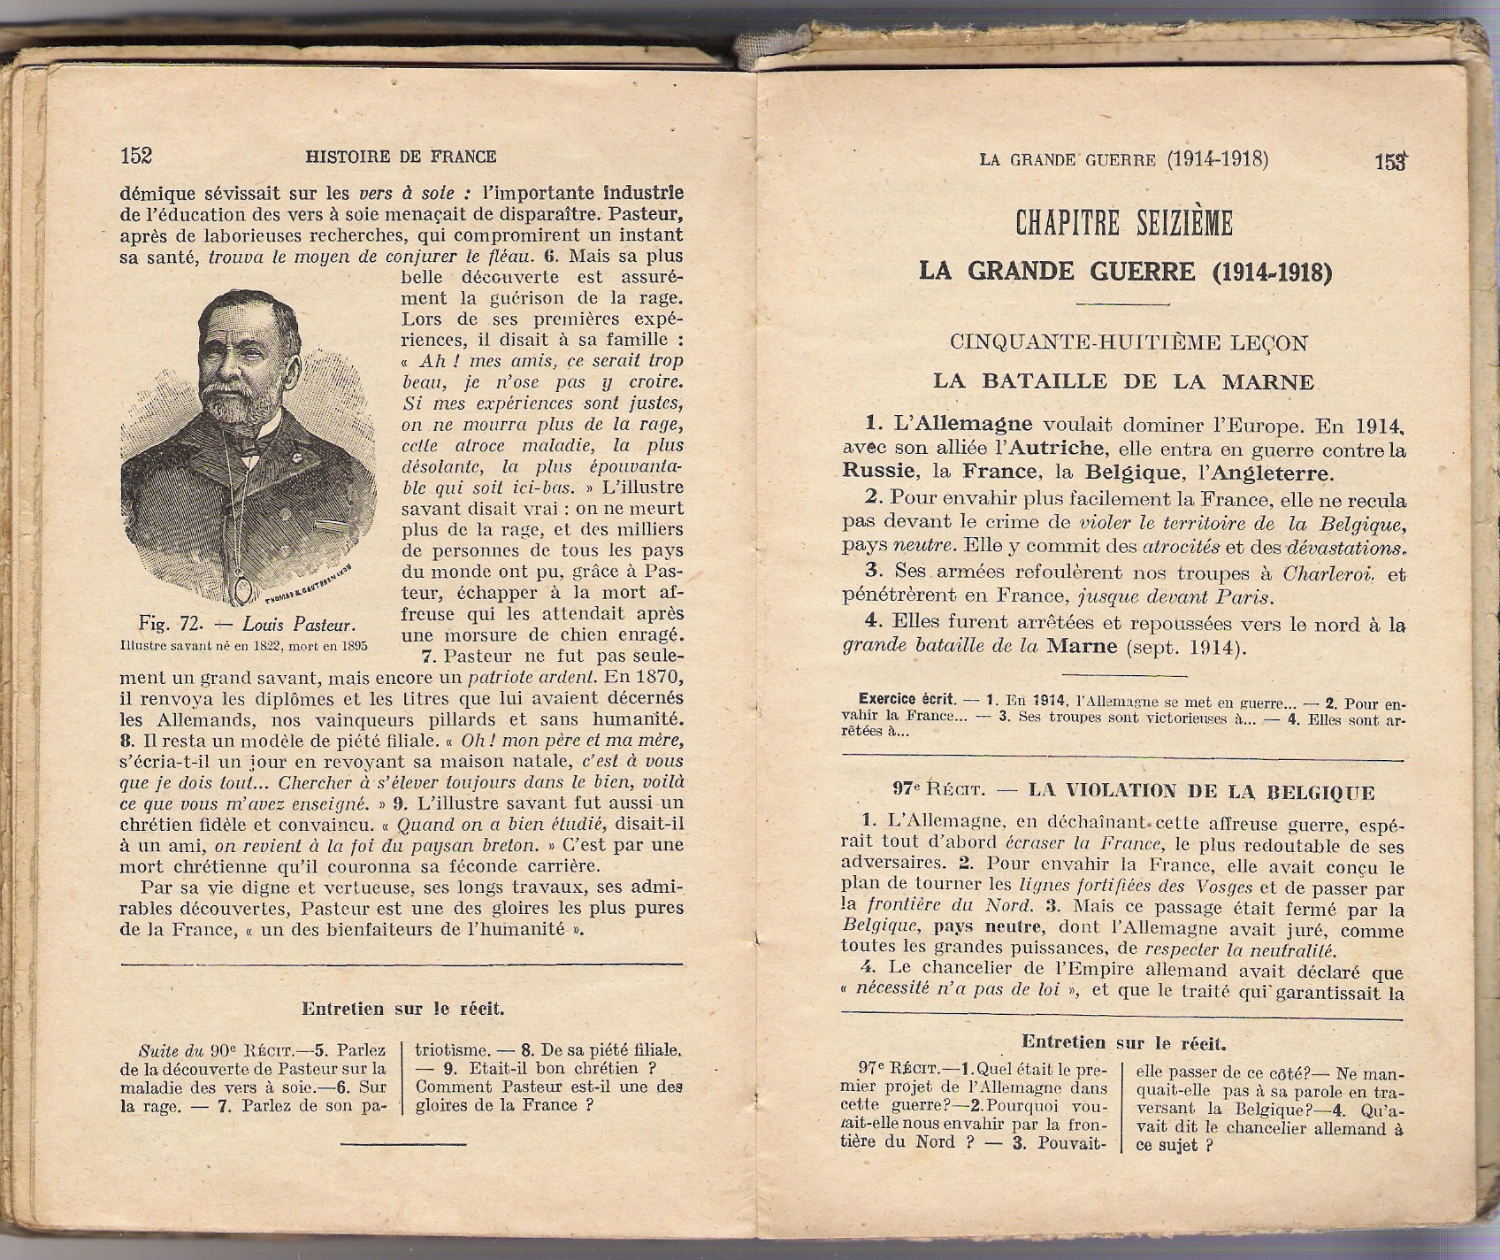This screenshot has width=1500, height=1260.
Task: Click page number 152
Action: [x=136, y=157]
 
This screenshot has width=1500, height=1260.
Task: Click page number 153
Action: [x=1390, y=162]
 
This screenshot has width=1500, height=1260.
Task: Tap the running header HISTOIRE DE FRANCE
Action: [x=401, y=157]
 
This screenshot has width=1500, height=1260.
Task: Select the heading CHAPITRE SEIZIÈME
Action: [x=1123, y=224]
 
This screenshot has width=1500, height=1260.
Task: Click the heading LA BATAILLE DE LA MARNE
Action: [x=1123, y=382]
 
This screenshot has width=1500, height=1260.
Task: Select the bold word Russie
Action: [x=880, y=472]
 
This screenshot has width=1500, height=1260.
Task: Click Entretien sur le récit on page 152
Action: [x=403, y=1009]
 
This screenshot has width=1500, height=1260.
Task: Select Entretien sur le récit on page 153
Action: [x=1123, y=1043]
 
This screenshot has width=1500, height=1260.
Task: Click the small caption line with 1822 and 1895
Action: [x=243, y=646]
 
